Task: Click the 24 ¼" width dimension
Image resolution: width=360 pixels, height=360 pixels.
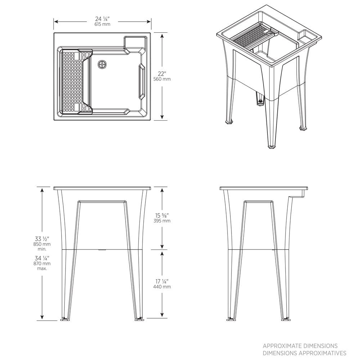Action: pos(103,19)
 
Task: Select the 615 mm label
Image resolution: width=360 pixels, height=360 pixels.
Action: pos(103,24)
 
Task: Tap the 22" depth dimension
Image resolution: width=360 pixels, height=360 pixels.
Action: pos(162,73)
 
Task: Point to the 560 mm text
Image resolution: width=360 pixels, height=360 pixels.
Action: pos(162,79)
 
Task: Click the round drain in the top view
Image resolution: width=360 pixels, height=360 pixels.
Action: pos(103,64)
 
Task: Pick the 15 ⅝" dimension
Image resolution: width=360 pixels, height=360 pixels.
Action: pos(162,215)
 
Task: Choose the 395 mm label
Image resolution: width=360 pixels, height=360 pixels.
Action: pos(162,221)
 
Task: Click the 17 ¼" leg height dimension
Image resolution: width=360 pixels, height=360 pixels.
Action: pos(162,281)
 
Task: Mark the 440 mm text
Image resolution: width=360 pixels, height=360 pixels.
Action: pos(162,287)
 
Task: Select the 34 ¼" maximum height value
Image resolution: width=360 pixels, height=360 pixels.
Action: pos(42,258)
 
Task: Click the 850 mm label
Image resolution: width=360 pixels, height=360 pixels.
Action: pos(42,244)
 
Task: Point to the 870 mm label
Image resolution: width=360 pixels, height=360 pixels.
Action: pos(42,264)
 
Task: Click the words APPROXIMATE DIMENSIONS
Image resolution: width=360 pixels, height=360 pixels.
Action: pos(300,346)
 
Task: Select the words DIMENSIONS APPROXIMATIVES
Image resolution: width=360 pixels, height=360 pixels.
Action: pos(304,353)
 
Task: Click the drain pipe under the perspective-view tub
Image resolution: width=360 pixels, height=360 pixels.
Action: pos(258,98)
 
